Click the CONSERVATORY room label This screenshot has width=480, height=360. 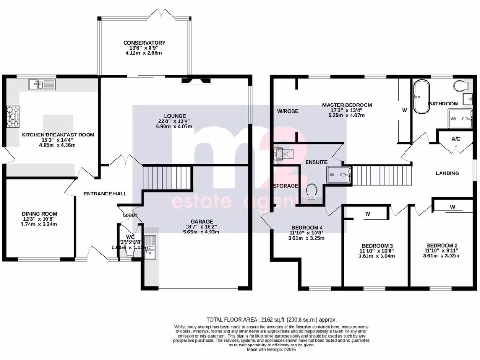[144, 43]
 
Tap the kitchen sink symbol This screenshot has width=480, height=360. [42, 84]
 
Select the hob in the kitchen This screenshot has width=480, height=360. [13, 116]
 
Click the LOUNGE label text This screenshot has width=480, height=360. [175, 116]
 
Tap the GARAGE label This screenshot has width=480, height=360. [202, 222]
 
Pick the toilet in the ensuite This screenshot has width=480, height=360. [311, 191]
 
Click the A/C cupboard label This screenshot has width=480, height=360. [455, 139]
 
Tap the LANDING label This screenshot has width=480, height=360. [447, 173]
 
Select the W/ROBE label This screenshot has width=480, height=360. [287, 111]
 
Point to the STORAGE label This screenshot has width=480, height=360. [286, 186]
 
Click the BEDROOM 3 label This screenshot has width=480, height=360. [377, 246]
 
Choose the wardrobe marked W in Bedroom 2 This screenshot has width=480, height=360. [452, 206]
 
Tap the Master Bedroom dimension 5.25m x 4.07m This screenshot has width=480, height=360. [347, 115]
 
